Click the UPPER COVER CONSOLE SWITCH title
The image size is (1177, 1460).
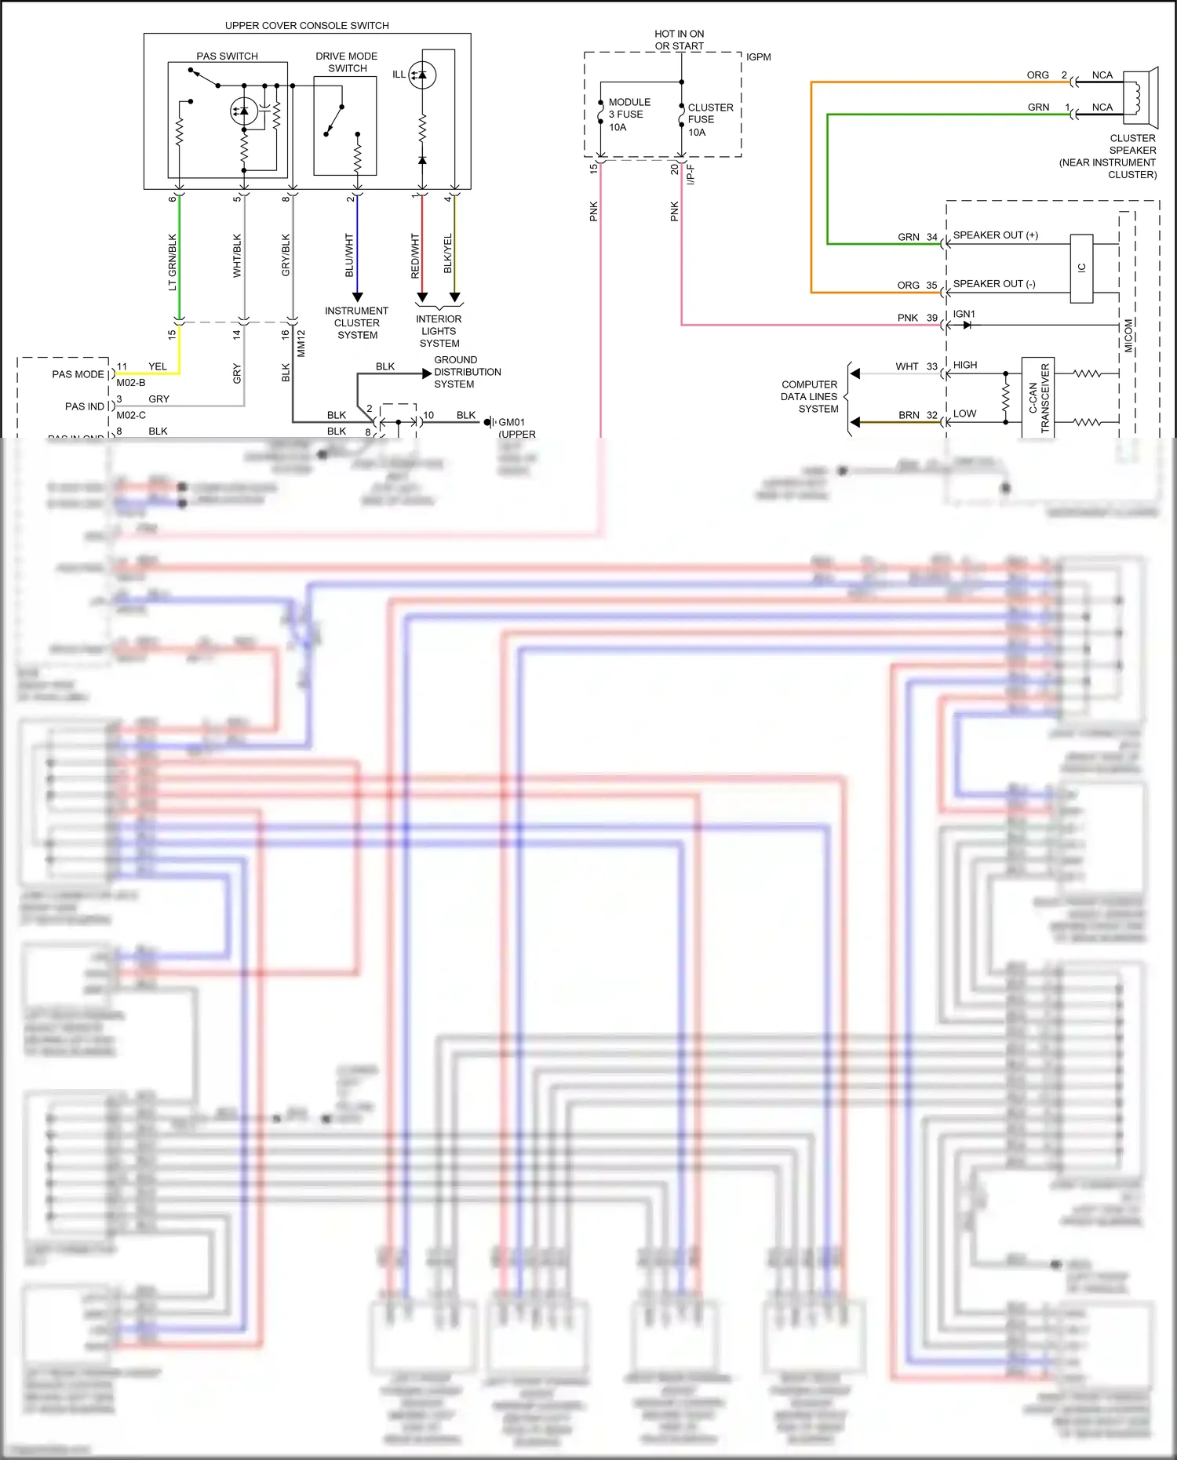click(307, 26)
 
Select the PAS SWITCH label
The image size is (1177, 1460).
click(227, 56)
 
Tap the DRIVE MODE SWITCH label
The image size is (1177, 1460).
click(347, 62)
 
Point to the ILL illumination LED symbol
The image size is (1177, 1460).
click(422, 75)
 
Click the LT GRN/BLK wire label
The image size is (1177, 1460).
click(173, 262)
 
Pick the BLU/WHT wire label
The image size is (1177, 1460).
click(350, 255)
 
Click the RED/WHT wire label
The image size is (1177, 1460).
click(415, 255)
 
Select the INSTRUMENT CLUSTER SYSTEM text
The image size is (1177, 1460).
click(357, 323)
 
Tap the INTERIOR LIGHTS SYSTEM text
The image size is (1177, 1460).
click(439, 331)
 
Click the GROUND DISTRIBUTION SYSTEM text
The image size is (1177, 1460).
click(467, 372)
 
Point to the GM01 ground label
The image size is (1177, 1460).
click(512, 422)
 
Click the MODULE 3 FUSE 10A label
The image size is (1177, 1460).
click(629, 115)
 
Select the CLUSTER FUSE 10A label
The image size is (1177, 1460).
click(709, 120)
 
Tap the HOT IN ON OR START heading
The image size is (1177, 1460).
click(680, 40)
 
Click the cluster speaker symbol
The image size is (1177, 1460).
click(1141, 97)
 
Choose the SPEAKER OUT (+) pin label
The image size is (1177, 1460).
click(995, 235)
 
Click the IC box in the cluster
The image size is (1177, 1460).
click(1081, 268)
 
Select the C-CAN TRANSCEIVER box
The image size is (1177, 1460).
click(1038, 398)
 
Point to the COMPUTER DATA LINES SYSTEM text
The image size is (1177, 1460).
click(809, 397)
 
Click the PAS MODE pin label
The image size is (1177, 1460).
click(78, 374)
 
